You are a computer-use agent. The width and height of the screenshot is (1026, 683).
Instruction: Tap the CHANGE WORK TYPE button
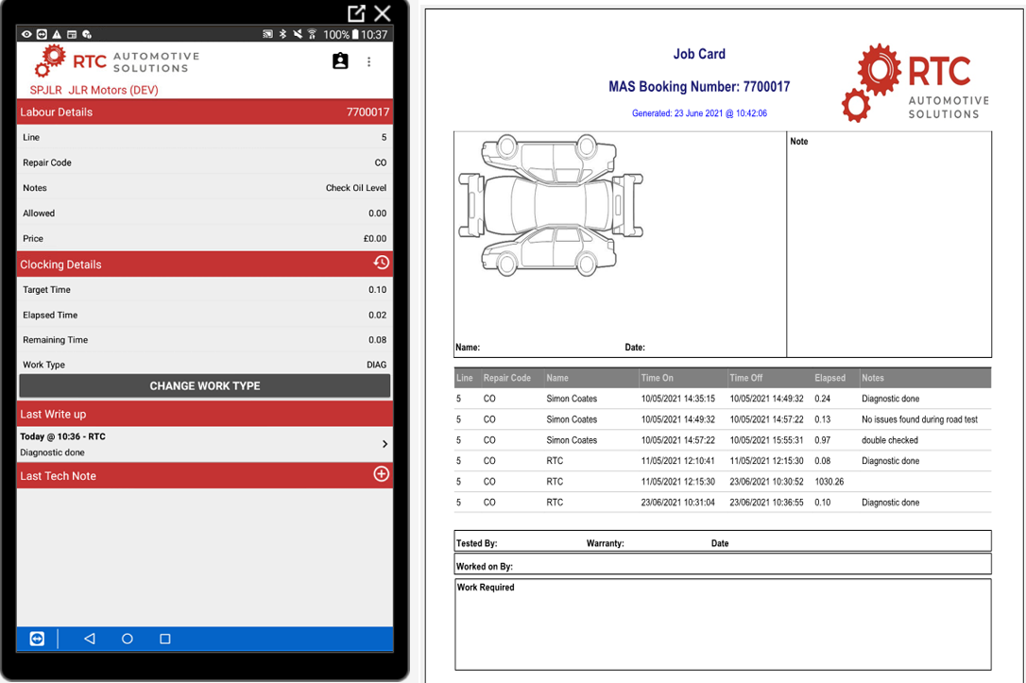coord(205,386)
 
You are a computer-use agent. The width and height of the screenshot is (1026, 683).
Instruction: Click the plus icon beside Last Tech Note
coord(381,474)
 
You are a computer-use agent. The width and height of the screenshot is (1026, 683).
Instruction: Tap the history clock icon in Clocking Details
coord(381,263)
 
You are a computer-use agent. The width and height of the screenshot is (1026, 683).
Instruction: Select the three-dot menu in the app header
coord(369,61)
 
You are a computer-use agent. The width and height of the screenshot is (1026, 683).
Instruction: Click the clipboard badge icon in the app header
coord(340,60)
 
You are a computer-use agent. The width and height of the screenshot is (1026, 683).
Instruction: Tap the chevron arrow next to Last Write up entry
coord(385,444)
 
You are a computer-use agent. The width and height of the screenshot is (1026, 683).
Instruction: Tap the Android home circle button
coord(127,639)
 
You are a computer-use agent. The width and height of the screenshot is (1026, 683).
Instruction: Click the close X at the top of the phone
coord(382,13)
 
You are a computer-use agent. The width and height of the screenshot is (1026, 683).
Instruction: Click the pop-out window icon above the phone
coord(356,13)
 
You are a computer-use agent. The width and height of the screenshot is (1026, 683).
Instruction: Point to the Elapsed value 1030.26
coord(829,482)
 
